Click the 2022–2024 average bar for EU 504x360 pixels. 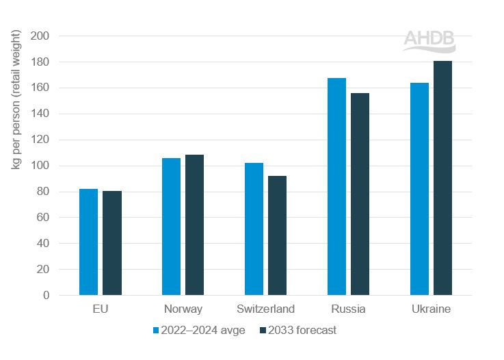click(88, 242)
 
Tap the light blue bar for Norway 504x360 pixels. click(171, 227)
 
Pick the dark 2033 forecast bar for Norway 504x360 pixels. click(195, 225)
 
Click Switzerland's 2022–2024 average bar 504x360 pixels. click(254, 229)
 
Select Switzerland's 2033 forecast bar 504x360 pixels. click(277, 235)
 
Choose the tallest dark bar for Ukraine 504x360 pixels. click(442, 178)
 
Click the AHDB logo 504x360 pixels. click(429, 40)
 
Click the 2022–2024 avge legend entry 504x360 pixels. click(198, 330)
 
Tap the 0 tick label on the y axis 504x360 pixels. click(45, 296)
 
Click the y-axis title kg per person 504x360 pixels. click(15, 101)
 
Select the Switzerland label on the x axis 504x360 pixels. click(265, 309)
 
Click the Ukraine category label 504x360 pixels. click(431, 309)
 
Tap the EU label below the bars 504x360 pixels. click(100, 309)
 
